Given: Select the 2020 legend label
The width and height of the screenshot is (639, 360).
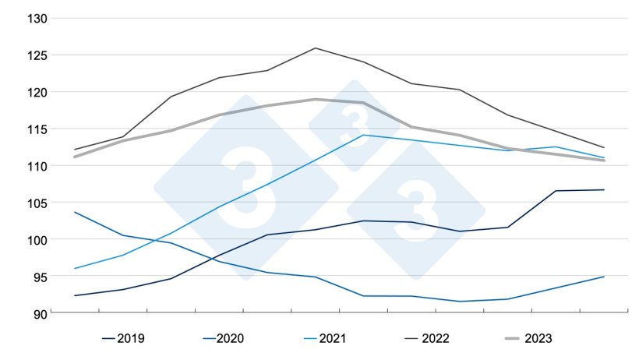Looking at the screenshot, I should (x=231, y=338).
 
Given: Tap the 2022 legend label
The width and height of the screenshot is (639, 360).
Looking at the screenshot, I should (x=434, y=338).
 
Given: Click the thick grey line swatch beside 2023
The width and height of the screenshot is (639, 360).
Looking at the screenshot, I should (x=503, y=338).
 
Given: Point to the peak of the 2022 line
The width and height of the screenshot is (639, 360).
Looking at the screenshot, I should (x=315, y=48).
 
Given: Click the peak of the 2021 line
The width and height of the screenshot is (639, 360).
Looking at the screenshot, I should (x=363, y=135).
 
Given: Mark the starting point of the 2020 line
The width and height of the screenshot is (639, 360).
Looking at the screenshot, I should (x=75, y=212).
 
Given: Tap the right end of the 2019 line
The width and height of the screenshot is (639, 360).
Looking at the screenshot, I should (x=604, y=189).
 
